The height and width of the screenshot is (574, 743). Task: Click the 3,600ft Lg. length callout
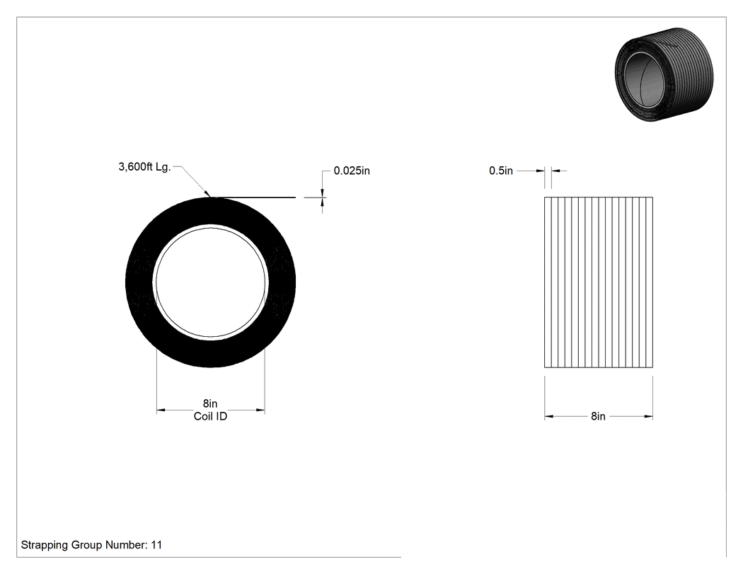coord(144,167)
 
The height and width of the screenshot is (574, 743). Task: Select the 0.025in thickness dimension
coord(352,171)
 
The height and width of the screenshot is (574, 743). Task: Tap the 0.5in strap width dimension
coord(501,171)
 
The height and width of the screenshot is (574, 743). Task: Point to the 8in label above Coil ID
coord(210,403)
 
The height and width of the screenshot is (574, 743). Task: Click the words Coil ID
coord(210,416)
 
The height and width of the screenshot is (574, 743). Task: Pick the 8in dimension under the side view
coord(598,416)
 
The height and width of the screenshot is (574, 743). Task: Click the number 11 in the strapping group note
coord(156,545)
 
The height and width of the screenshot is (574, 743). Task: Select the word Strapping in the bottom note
coord(45,545)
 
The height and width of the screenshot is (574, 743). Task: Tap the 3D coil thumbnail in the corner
coord(664,74)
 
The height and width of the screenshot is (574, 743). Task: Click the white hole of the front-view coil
coord(211,282)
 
